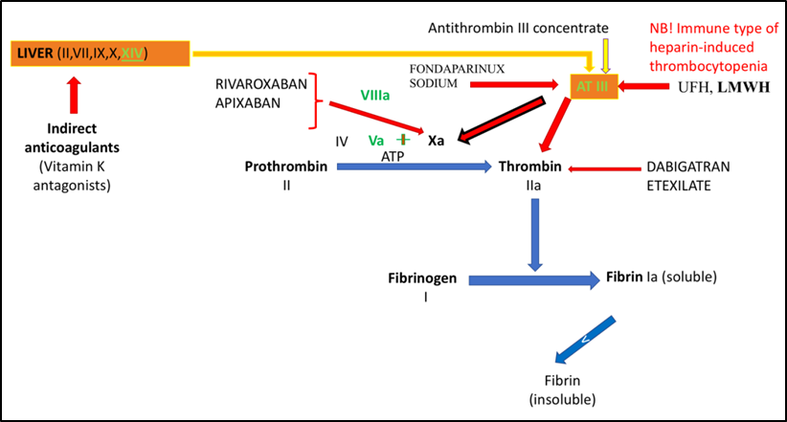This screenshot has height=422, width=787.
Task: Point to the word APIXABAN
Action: pos(249,102)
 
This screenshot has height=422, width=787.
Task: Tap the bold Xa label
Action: pos(436,140)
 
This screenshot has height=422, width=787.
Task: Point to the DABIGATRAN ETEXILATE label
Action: pos(687,176)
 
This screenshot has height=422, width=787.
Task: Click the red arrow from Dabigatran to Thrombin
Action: pos(603,170)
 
